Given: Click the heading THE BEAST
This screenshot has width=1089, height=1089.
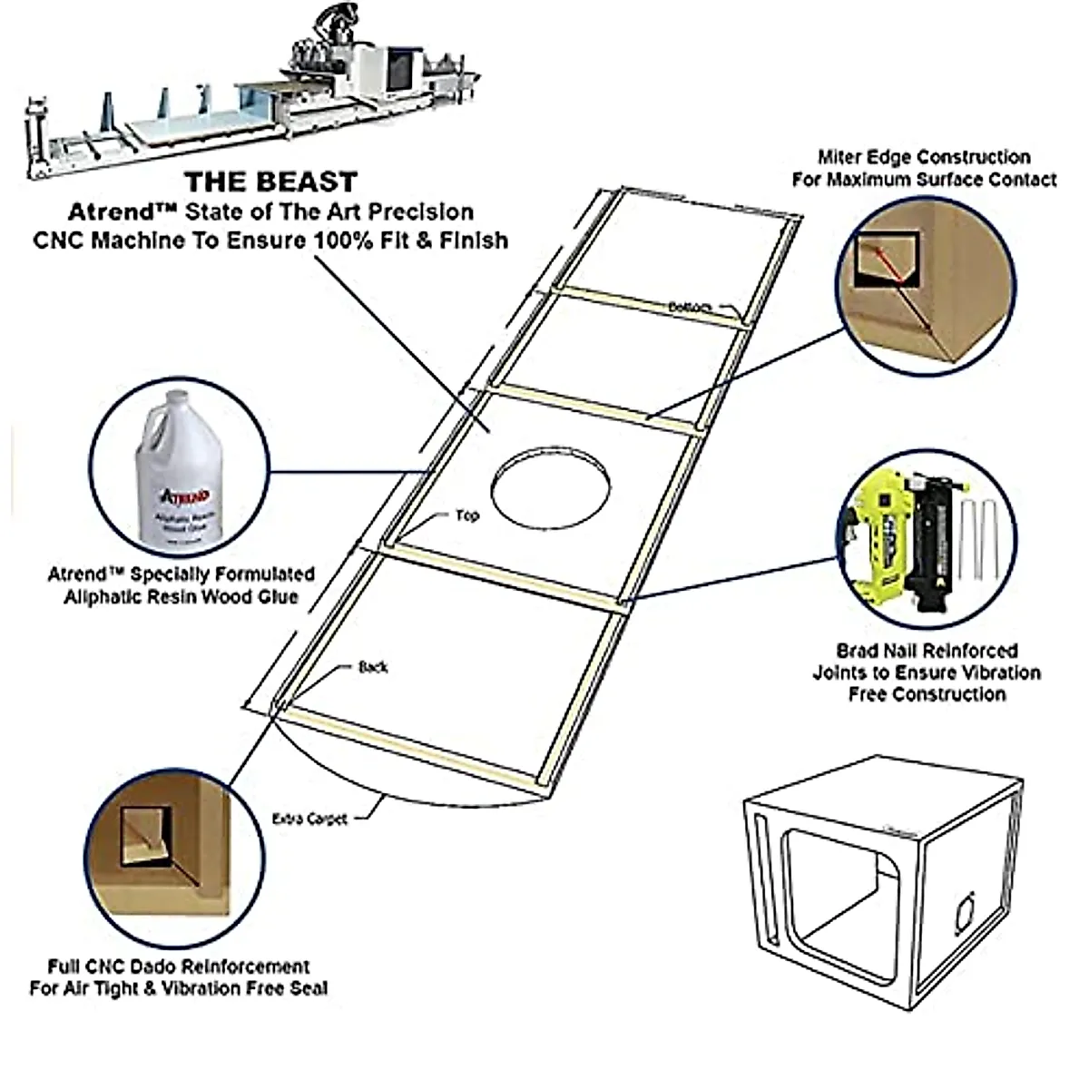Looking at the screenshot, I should (x=271, y=181).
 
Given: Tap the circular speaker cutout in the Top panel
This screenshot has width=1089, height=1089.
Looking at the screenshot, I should (x=550, y=486).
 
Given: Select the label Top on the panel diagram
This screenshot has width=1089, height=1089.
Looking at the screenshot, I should (x=466, y=515).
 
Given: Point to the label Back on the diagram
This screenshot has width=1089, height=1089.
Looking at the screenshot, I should (x=373, y=667).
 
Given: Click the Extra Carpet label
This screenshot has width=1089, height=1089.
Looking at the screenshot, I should (x=309, y=819).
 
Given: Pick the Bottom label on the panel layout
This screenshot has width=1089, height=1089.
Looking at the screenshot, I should (x=690, y=308).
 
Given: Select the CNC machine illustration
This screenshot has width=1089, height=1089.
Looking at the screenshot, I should (x=254, y=91).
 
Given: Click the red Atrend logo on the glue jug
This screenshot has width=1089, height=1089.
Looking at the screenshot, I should (x=185, y=495).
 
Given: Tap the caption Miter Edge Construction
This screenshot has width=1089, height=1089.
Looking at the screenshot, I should (x=923, y=157).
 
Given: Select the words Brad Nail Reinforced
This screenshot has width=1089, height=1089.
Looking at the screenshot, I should (x=927, y=651).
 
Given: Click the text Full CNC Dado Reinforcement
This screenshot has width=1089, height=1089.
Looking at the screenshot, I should (x=179, y=966).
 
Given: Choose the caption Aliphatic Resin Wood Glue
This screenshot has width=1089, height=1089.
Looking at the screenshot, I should (x=181, y=596).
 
